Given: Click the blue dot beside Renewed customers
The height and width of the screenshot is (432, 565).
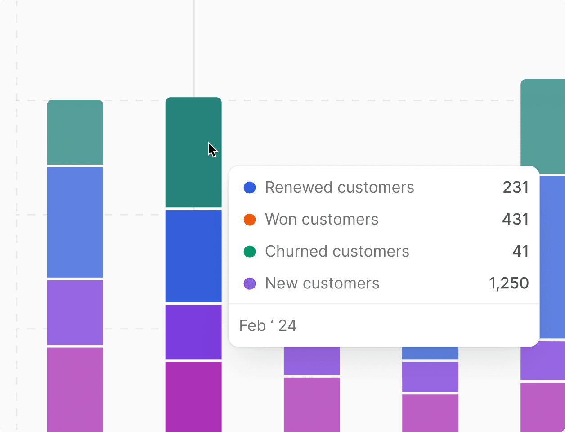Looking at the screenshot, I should pos(250,188).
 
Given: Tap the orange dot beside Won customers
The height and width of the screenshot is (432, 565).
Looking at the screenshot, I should pos(250,220).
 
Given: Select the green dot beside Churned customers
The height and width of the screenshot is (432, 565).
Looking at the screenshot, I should pos(250,252).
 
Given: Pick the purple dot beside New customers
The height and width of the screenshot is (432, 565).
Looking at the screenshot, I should pos(250,283).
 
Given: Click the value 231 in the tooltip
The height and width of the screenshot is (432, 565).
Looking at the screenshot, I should pos(516,188).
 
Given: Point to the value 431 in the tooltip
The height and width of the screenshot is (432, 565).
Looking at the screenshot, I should pos(516,220).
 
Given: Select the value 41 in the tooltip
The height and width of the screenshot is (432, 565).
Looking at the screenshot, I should pos(520,252).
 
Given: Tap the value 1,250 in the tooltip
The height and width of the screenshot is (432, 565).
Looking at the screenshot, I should pos(509,283).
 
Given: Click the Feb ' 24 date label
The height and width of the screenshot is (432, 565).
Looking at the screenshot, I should pos(268,325).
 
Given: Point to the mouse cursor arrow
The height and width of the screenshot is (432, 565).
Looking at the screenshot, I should pos(212,149).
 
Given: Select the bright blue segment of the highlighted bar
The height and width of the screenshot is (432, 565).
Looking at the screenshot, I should pos(193,256).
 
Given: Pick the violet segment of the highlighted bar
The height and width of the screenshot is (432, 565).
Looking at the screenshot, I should pos(193,332).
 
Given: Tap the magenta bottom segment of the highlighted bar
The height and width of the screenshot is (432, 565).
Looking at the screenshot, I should pos(193,396).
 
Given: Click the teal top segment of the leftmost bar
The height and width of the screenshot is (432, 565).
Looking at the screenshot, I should pos(75,132).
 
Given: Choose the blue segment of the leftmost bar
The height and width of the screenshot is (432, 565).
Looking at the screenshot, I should pos(75,222).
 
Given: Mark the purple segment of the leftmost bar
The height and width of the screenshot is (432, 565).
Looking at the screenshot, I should pos(75,312).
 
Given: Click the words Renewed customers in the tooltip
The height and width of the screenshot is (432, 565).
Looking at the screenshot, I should pos(339,188).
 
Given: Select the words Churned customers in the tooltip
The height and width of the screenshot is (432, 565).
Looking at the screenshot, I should pos(337,252).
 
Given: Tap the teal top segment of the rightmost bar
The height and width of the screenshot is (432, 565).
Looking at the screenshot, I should pos(543,126).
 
